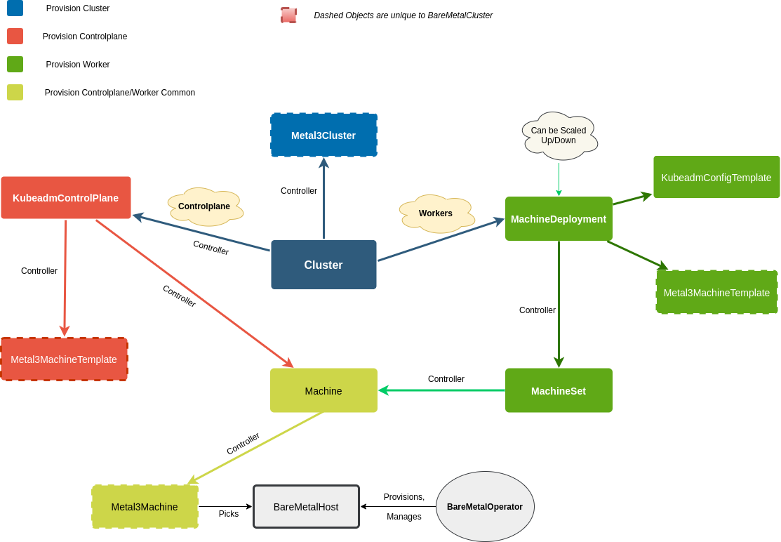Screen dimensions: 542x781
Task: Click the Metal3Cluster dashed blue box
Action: click(x=323, y=135)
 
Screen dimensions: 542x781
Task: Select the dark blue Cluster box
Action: click(x=323, y=265)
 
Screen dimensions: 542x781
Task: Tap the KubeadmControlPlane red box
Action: click(x=66, y=197)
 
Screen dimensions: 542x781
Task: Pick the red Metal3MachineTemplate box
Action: click(x=64, y=359)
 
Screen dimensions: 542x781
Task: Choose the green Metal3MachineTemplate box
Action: click(x=716, y=292)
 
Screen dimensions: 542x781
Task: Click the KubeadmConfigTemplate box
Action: click(x=716, y=177)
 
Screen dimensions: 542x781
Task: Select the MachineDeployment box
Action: click(x=559, y=218)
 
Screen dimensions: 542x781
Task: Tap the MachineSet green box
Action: click(x=559, y=390)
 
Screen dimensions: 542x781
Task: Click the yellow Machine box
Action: click(x=323, y=390)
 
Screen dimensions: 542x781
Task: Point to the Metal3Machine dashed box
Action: click(x=145, y=506)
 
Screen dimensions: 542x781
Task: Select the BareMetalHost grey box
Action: click(x=306, y=506)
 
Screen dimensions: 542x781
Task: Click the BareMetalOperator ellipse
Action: click(x=485, y=506)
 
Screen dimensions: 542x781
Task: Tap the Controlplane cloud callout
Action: click(x=205, y=206)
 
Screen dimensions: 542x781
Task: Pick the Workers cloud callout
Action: click(x=436, y=213)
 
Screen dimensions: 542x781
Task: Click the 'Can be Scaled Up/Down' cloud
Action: click(x=559, y=135)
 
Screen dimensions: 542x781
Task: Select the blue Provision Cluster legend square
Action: click(x=15, y=8)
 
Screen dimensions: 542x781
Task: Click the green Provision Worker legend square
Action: click(x=15, y=64)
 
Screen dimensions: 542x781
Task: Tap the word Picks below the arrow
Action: click(x=229, y=514)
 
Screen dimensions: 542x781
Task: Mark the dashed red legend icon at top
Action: click(x=288, y=15)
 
